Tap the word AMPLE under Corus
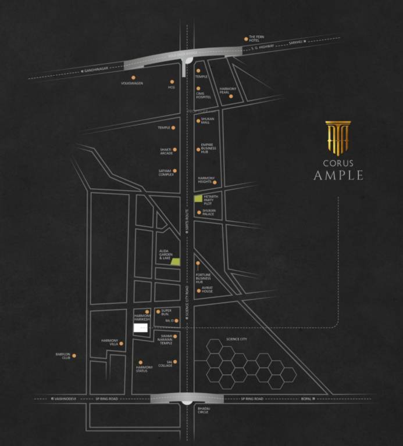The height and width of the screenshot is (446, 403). click(x=338, y=175)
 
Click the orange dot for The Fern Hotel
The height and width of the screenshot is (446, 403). click(x=247, y=39)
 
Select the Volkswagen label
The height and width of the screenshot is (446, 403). click(x=132, y=83)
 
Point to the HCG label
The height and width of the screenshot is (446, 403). click(x=172, y=87)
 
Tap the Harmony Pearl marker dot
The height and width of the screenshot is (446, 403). click(x=231, y=96)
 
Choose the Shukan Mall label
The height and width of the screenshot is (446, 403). click(x=208, y=121)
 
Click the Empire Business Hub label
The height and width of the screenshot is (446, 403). click(x=208, y=148)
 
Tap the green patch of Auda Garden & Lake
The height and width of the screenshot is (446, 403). click(x=176, y=262)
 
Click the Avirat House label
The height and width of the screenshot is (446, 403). click(x=207, y=290)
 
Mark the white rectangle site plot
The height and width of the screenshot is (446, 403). click(x=141, y=328)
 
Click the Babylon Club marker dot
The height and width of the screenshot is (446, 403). click(x=74, y=355)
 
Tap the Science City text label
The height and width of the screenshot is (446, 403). click(x=237, y=339)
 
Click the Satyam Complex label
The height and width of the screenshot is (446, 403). click(x=166, y=172)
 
